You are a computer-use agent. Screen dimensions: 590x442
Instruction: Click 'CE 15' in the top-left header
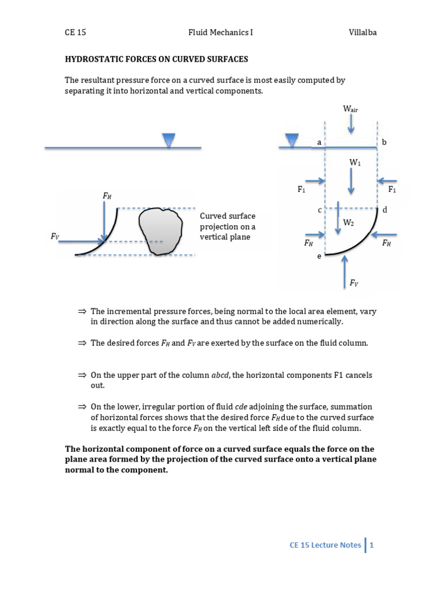pos(75,33)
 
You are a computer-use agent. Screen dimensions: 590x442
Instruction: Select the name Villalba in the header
pos(362,33)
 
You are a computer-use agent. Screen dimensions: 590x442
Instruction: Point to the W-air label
pos(350,108)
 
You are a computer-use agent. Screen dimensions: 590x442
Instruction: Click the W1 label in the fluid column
pos(355,163)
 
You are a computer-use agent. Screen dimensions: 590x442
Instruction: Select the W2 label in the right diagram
pos(348,222)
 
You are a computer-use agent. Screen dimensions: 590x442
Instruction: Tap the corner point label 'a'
pos(319,141)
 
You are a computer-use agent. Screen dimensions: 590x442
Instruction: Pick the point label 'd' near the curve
pos(384,210)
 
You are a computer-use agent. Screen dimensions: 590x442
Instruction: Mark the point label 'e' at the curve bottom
pos(319,256)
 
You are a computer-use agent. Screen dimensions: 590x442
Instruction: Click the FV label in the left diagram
pos(55,236)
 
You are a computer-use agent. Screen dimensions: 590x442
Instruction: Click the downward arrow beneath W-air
pos(351,122)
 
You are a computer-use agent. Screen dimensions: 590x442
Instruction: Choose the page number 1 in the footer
pos(372,544)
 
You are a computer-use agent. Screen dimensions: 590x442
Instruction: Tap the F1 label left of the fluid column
pos(302,189)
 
